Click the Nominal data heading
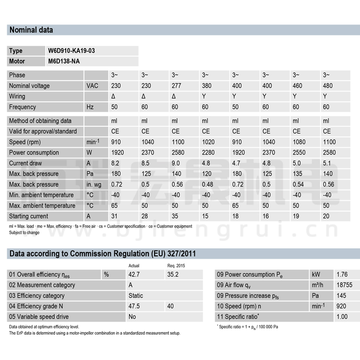31,30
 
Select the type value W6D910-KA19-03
68,51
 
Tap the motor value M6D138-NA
64,61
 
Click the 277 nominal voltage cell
176,86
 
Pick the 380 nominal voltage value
206,86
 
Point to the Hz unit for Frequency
90,107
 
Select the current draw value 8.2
116,163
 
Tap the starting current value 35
175,216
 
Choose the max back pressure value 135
298,174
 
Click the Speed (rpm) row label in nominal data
27,142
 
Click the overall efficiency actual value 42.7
134,275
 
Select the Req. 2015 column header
175,265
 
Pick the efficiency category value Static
136,296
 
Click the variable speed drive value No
132,317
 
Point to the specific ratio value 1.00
342,317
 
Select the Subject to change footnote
24,233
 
